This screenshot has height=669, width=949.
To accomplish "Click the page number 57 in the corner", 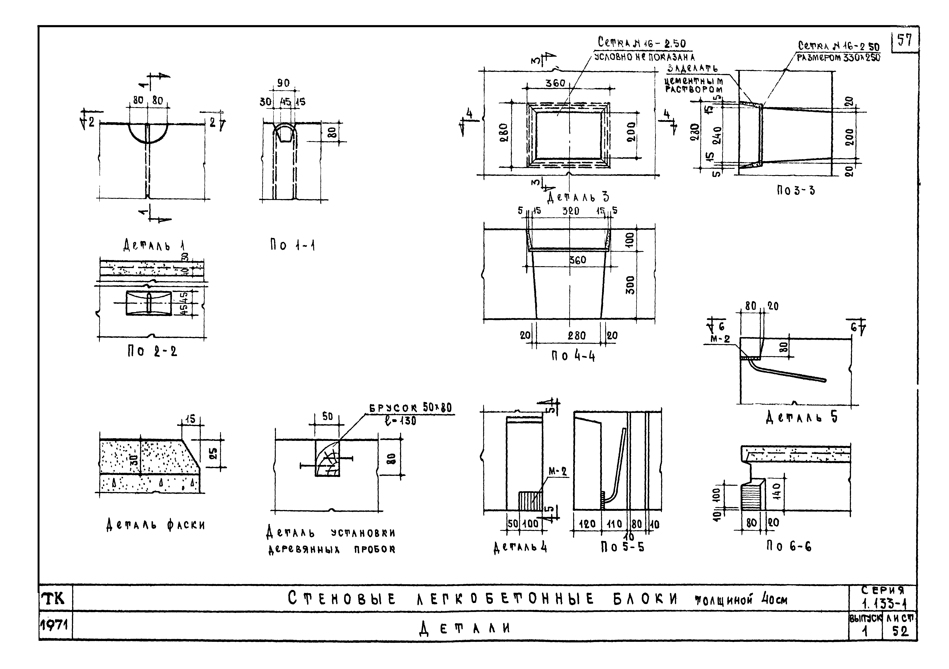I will pyautogui.click(x=904, y=41).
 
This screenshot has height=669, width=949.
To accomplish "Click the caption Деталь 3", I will pyautogui.click(x=578, y=197).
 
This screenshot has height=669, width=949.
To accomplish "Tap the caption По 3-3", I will pyautogui.click(x=796, y=190).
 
